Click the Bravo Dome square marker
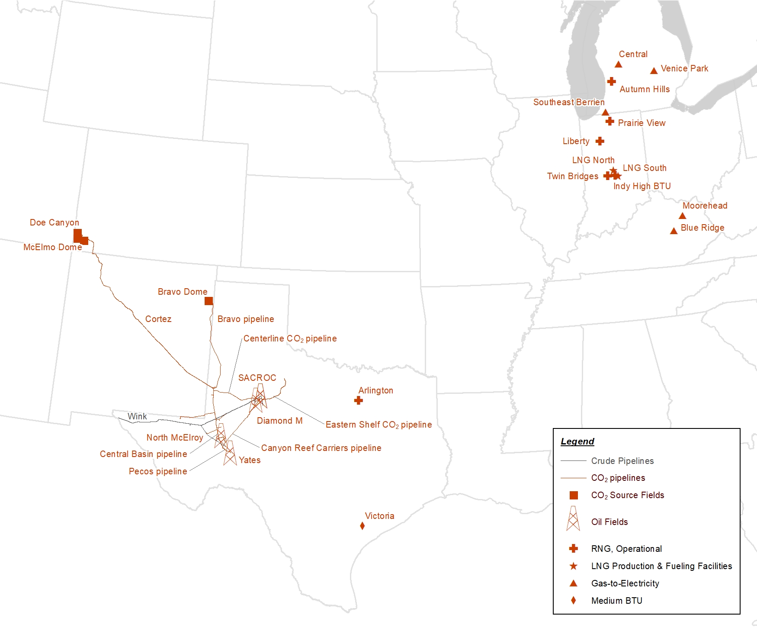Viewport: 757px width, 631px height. pyautogui.click(x=208, y=301)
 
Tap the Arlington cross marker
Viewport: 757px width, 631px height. pyautogui.click(x=358, y=400)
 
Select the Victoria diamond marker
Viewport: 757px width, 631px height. pyautogui.click(x=362, y=526)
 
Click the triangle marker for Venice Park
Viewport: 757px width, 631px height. pyautogui.click(x=654, y=71)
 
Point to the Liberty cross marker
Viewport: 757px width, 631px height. pyautogui.click(x=600, y=141)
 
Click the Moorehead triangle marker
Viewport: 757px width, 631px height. pyautogui.click(x=682, y=216)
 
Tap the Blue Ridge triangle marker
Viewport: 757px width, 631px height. pyautogui.click(x=674, y=231)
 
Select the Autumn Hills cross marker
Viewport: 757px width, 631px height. pyautogui.click(x=611, y=81)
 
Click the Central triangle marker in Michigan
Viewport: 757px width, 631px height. pyautogui.click(x=619, y=64)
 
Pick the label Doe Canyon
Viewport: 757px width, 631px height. pyautogui.click(x=55, y=222)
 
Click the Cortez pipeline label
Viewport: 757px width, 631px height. pyautogui.click(x=158, y=319)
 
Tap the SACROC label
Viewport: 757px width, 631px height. pyautogui.click(x=257, y=378)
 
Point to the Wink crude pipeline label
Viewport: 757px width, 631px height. pyautogui.click(x=137, y=416)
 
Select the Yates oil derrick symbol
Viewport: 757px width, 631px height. pyautogui.click(x=230, y=453)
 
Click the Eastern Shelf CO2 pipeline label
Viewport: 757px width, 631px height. pyautogui.click(x=378, y=425)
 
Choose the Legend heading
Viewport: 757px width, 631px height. pyautogui.click(x=577, y=441)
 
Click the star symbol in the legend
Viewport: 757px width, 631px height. pyautogui.click(x=573, y=566)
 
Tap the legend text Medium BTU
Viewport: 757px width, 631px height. pyautogui.click(x=616, y=601)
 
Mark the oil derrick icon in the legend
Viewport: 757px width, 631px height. pyautogui.click(x=573, y=518)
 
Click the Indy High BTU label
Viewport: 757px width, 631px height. pyautogui.click(x=642, y=186)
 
